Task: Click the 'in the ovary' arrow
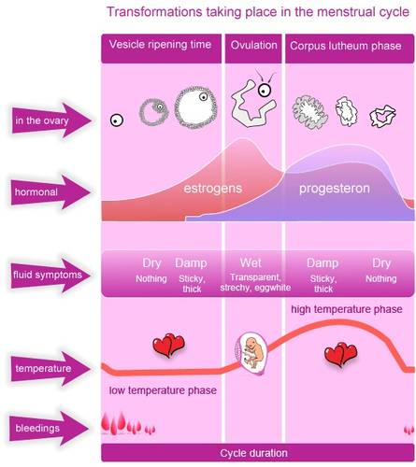pyautogui.click(x=51, y=120)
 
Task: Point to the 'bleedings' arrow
pyautogui.click(x=50, y=428)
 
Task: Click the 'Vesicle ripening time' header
pyautogui.click(x=161, y=49)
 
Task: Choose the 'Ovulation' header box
pyautogui.click(x=253, y=49)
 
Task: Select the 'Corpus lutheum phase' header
pyautogui.click(x=350, y=49)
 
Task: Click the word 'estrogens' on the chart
pyautogui.click(x=213, y=189)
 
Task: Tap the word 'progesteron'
pyautogui.click(x=335, y=189)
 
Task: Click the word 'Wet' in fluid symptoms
pyautogui.click(x=251, y=263)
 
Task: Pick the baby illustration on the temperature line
pyautogui.click(x=251, y=353)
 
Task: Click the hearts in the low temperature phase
pyautogui.click(x=168, y=345)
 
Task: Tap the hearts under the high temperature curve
pyautogui.click(x=340, y=354)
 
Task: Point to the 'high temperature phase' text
pyautogui.click(x=347, y=309)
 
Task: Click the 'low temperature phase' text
pyautogui.click(x=163, y=390)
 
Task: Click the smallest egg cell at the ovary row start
pyautogui.click(x=117, y=120)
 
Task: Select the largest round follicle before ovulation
pyautogui.click(x=195, y=106)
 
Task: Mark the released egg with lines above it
pyautogui.click(x=265, y=86)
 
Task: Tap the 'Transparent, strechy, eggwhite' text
pyautogui.click(x=255, y=282)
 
